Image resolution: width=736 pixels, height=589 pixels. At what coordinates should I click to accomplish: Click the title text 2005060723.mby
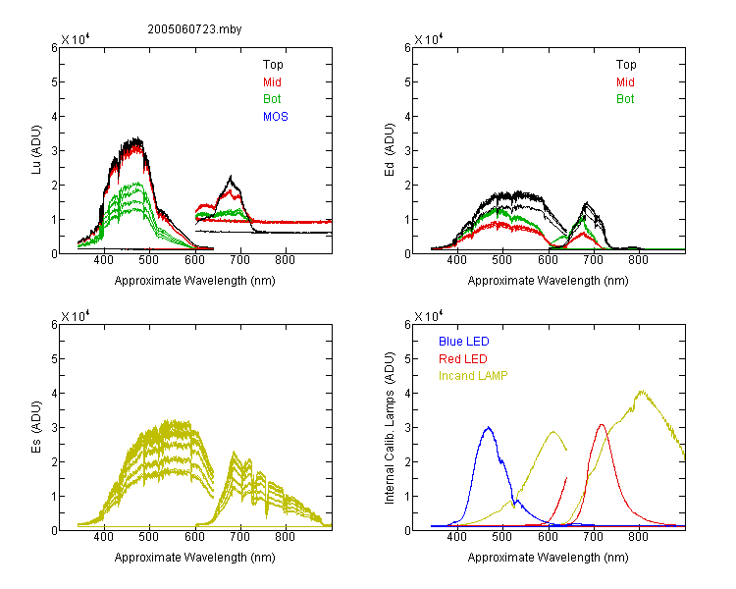pos(194,29)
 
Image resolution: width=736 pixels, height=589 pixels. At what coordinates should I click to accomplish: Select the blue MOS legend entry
pos(276,117)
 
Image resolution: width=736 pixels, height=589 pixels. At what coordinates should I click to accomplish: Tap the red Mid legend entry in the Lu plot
pos(272,82)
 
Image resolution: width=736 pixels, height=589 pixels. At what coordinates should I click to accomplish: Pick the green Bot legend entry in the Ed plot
pos(625,99)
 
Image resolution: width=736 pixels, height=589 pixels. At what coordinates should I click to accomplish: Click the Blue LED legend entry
pos(464,342)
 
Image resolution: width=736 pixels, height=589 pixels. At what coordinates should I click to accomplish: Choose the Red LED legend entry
pos(463,359)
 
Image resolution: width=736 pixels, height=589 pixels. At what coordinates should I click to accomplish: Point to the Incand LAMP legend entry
pos(473,376)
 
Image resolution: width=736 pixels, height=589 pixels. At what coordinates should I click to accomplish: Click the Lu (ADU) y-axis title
pos(36,150)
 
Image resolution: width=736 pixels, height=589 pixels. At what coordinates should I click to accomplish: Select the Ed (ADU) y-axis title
pos(390,150)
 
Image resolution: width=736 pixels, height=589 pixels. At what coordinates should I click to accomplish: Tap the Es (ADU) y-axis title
pos(36,427)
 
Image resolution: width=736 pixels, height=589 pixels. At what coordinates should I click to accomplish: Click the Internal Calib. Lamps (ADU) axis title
pos(390,428)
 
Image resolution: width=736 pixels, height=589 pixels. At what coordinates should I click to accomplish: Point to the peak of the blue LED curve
pos(489,427)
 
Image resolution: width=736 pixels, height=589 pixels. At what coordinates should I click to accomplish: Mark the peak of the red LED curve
pos(602,425)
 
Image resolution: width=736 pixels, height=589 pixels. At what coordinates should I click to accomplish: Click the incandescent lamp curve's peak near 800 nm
pos(642,391)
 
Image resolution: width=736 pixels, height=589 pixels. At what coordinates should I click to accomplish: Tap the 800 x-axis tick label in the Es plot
pos(285,537)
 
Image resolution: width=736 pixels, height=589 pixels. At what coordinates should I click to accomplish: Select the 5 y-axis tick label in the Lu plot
pos(54,82)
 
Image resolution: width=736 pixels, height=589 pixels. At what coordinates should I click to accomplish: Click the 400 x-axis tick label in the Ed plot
pos(456,260)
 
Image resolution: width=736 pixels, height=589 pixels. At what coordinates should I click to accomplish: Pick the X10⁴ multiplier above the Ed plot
pos(429,39)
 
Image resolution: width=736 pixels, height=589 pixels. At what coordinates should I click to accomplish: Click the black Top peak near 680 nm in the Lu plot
pos(231,176)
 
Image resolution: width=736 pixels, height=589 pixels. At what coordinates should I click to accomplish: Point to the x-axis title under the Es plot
pos(195,558)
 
